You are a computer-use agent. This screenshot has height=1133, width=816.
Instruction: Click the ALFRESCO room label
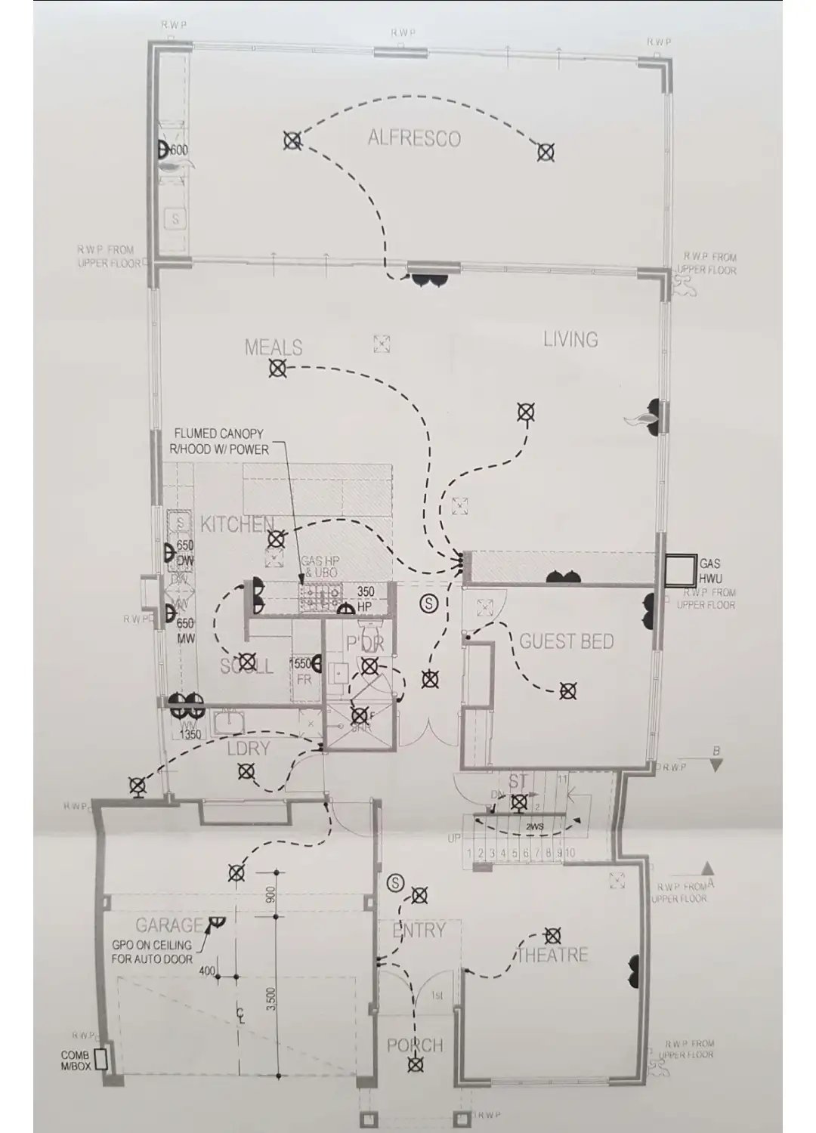pos(414,138)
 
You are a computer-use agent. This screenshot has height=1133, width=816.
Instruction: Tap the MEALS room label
pos(274,347)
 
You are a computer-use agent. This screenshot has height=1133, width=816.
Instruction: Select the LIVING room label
pos(570,340)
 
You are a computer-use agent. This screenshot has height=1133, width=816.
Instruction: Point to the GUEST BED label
pos(566,642)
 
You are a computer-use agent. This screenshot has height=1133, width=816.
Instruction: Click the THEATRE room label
pos(552,955)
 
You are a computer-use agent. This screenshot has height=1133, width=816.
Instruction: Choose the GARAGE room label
pos(169,925)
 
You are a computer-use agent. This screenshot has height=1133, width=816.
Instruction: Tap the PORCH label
pos(414,1045)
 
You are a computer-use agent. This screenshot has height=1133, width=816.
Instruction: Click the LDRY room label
pos(249,749)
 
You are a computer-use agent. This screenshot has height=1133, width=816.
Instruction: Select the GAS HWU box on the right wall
pos(680,570)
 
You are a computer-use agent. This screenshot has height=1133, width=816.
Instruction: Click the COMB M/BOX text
pos(75,1060)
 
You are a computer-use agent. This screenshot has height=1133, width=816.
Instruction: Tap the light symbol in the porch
pos(414,1065)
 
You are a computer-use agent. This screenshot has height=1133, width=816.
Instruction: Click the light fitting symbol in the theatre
pos(554,935)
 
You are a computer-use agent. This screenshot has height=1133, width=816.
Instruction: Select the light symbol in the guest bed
pos(567,690)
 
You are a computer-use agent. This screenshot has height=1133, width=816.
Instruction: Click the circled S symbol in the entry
pos(394,882)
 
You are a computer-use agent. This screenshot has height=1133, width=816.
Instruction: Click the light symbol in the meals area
pos(277,369)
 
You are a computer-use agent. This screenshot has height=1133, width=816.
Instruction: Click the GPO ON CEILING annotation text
pos(152,952)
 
